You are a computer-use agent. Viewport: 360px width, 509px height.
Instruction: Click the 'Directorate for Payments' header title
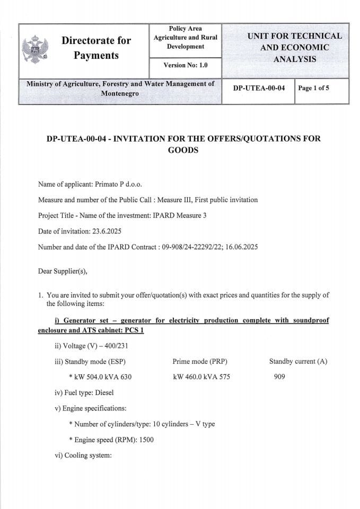(x=96, y=48)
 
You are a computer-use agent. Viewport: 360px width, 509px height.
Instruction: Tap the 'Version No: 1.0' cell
(x=185, y=65)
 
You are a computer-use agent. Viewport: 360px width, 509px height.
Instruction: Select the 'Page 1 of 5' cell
(x=313, y=88)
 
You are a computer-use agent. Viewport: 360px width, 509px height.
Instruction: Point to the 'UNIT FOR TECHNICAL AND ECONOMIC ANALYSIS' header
(x=294, y=47)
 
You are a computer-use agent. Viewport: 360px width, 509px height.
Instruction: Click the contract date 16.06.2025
(x=241, y=248)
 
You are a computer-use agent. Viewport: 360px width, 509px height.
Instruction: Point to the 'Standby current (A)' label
(x=298, y=362)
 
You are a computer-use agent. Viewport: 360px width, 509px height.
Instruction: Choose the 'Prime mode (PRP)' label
(x=200, y=362)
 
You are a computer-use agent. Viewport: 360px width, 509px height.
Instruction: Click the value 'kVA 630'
(x=119, y=377)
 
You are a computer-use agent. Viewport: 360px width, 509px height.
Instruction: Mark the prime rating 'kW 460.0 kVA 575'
(x=201, y=377)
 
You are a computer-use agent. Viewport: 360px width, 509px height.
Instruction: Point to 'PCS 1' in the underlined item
(x=134, y=330)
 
